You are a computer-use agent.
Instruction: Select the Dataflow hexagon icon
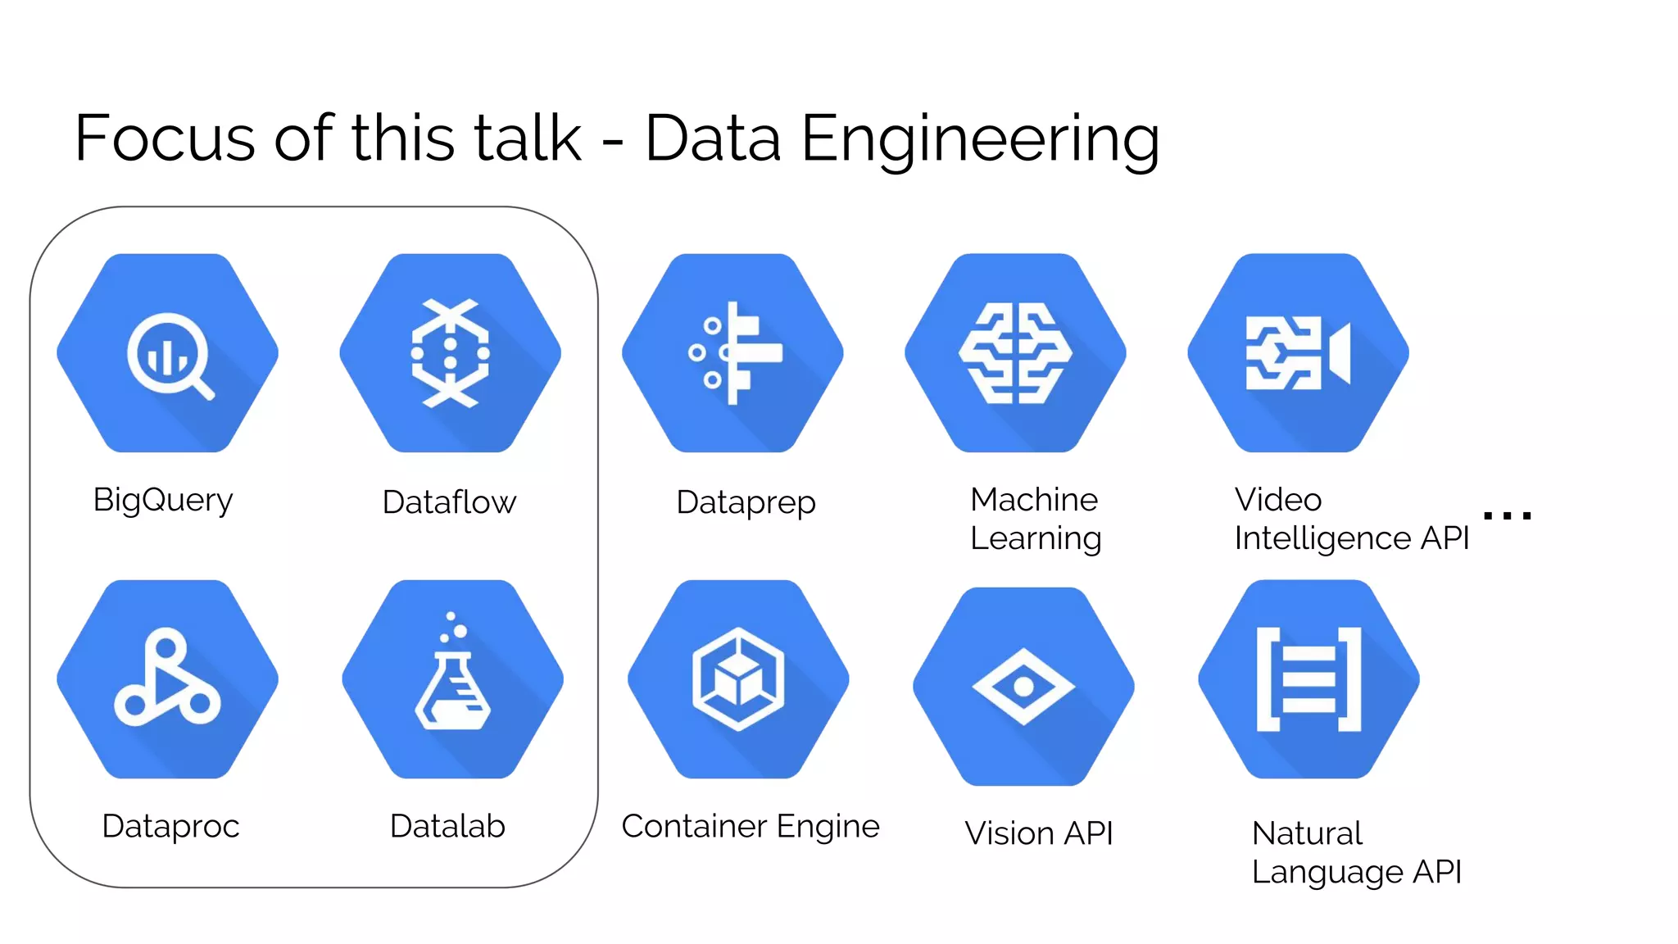point(450,353)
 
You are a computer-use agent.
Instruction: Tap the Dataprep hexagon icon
point(732,353)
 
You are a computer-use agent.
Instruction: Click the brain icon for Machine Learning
point(1015,353)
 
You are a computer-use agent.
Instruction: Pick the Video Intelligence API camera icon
point(1298,353)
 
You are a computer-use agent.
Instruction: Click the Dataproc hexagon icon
point(167,679)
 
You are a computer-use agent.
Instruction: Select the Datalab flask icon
point(452,679)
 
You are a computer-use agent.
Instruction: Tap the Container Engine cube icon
point(738,679)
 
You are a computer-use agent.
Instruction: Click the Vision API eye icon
point(1023,687)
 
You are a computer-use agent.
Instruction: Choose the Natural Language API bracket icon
point(1308,679)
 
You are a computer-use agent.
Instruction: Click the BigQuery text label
point(163,500)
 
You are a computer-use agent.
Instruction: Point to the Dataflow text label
point(449,501)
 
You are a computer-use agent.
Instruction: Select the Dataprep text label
point(746,501)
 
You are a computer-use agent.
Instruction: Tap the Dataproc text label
point(170,826)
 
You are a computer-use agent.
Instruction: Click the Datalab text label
point(447,826)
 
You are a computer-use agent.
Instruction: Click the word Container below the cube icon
point(693,826)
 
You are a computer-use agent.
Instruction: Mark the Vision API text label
point(1039,833)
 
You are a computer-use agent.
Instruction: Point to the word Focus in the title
point(165,138)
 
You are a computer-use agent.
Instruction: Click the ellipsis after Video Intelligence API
point(1507,516)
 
